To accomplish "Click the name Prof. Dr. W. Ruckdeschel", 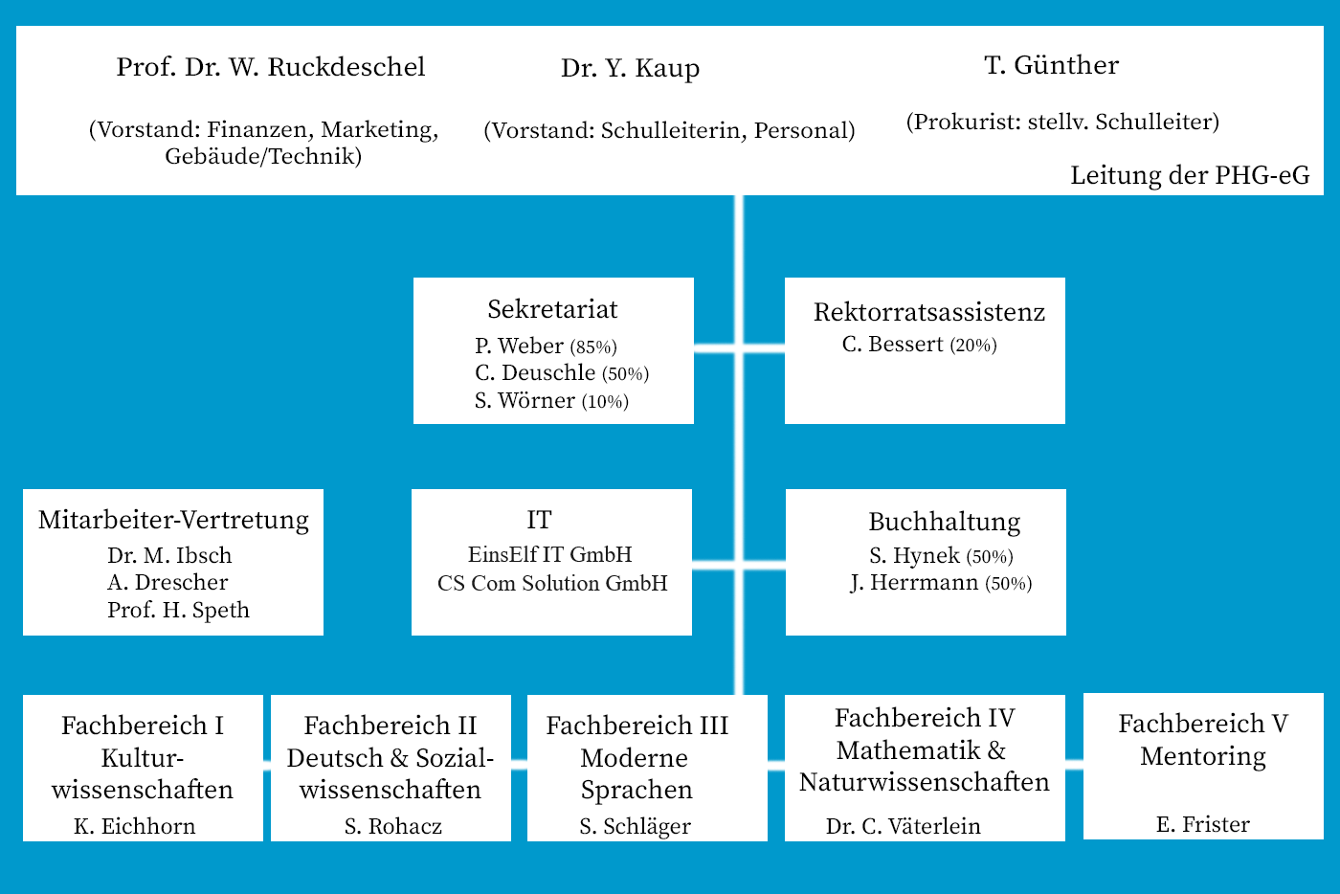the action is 270,67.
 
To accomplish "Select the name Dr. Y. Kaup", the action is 630,68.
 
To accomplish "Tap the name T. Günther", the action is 1052,65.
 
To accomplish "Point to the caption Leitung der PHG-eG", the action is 1190,175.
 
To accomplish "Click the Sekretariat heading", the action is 552,309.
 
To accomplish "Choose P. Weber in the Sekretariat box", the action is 519,346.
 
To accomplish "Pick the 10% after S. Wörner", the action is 605,401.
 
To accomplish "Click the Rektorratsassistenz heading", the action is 929,312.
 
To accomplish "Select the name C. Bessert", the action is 892,344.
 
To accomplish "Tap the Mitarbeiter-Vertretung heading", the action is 173,520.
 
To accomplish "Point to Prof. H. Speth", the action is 178,610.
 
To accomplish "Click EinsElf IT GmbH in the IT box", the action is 549,555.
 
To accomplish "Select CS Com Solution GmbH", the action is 552,583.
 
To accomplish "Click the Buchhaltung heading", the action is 944,522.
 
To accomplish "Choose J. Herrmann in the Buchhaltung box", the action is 914,582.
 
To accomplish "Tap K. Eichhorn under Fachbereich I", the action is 135,826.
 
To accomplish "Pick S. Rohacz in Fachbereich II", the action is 393,826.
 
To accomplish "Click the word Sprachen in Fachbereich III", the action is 636,791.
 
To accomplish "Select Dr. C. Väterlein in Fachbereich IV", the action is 904,826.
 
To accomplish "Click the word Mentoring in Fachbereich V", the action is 1203,757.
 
